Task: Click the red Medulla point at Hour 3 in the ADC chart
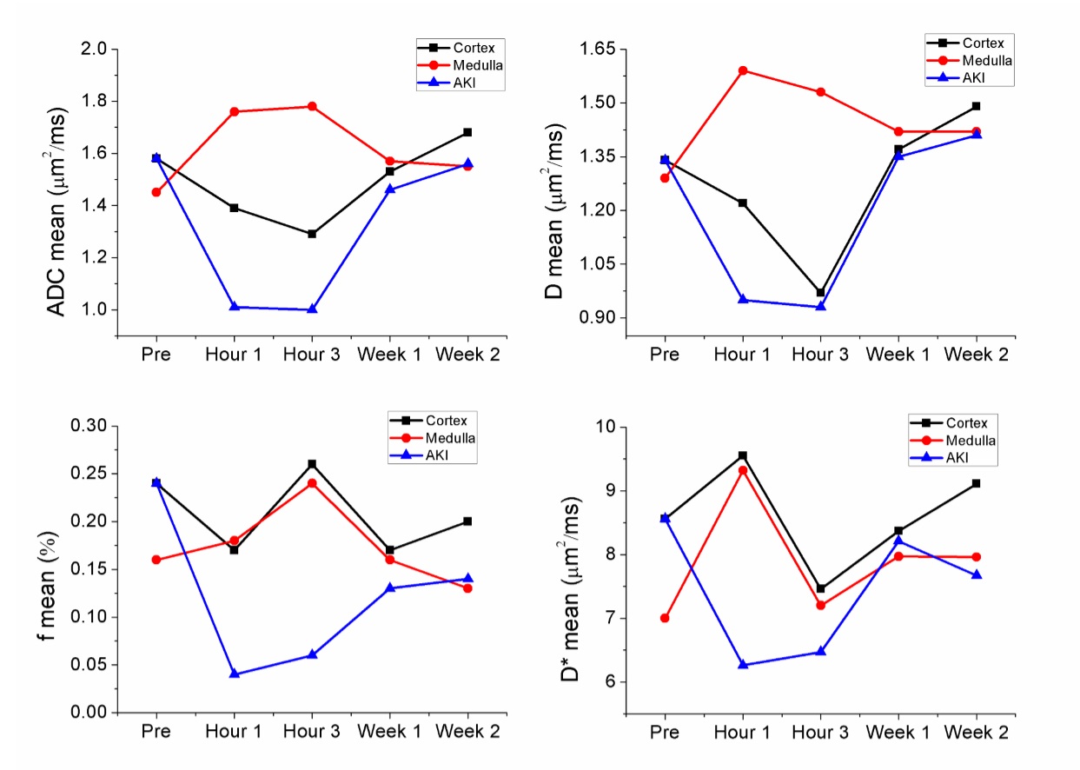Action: (x=312, y=106)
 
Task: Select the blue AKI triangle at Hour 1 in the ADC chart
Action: (x=234, y=307)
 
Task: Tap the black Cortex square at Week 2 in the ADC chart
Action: (x=467, y=132)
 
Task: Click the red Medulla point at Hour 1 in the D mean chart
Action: (x=743, y=70)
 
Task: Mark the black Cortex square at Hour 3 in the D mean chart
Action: (x=820, y=293)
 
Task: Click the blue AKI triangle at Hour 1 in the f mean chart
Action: (x=234, y=674)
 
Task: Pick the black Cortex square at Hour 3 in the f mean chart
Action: (x=312, y=464)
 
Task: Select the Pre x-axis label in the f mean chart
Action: (x=156, y=733)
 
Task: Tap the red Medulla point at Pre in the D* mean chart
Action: (x=665, y=618)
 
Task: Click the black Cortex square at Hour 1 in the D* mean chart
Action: (x=743, y=455)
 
